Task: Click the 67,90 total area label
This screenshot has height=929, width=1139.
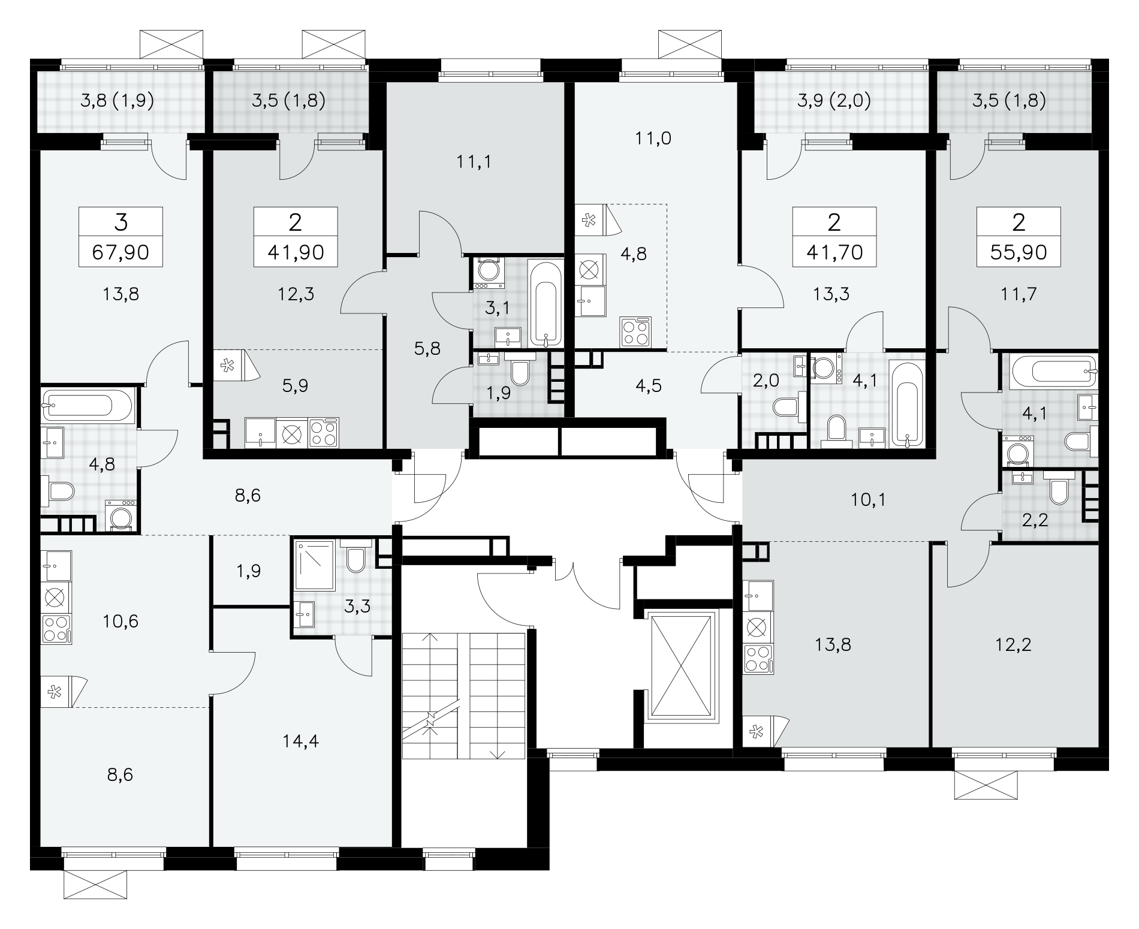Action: click(120, 252)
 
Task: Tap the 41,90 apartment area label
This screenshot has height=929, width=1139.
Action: click(296, 252)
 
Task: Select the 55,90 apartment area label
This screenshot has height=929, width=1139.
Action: click(1019, 252)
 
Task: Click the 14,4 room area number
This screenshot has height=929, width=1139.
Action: click(301, 741)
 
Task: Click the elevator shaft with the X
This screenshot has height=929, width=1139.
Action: click(683, 666)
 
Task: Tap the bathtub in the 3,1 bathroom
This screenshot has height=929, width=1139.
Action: click(545, 303)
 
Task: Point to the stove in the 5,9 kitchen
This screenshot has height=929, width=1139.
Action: click(324, 433)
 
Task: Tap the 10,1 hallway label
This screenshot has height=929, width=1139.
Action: click(869, 500)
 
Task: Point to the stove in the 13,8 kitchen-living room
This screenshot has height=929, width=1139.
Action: click(758, 659)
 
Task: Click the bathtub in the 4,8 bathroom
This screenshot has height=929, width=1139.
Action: click(87, 405)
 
